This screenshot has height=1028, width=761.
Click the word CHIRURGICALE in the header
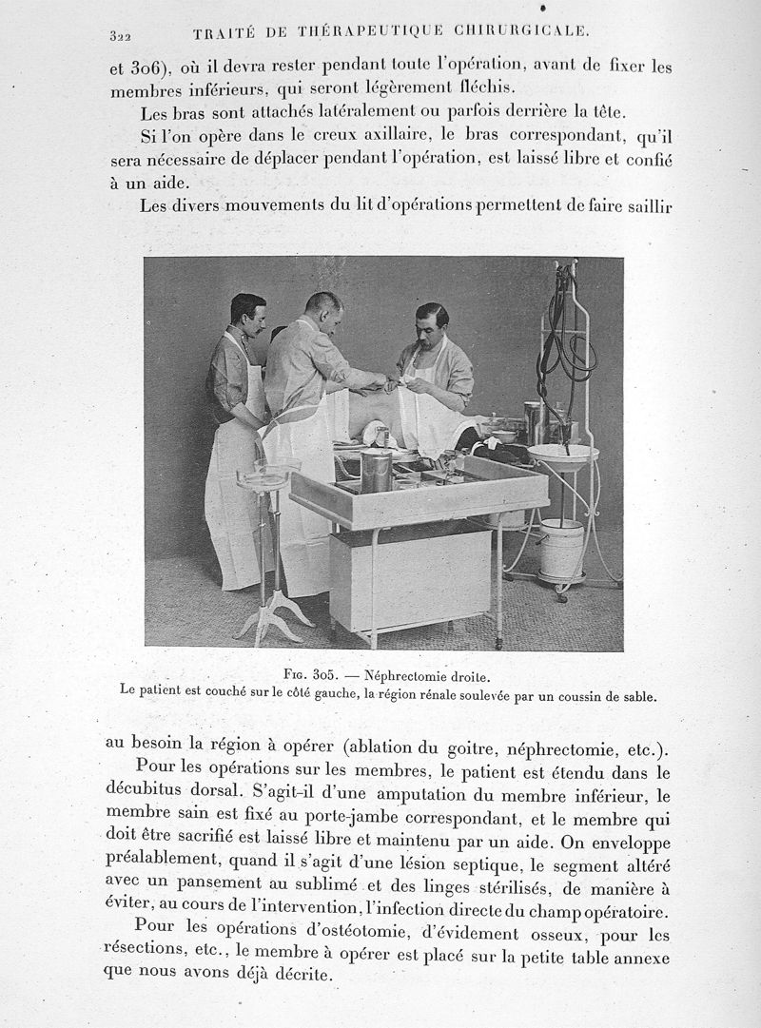point(523,31)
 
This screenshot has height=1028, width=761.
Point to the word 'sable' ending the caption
point(634,695)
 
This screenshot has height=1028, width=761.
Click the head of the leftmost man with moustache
point(247,313)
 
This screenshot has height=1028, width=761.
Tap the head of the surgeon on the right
point(432,325)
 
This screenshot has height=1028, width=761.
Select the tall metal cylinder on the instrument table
point(376,471)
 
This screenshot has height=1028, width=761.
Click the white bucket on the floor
point(561,549)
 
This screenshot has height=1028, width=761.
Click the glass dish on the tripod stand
point(263,473)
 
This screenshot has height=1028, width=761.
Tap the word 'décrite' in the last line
point(302,975)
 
